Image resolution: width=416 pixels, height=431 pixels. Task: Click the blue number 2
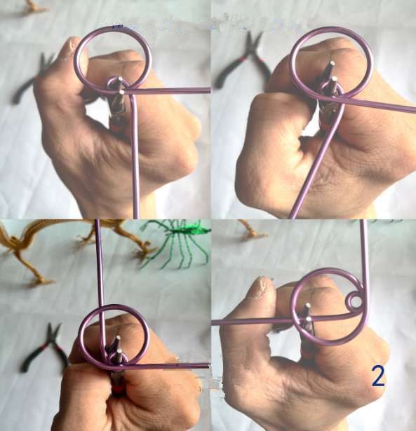point(378,376)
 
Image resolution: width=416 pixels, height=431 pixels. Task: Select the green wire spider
point(175,242)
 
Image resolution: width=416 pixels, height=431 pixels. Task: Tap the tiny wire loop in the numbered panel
point(354,301)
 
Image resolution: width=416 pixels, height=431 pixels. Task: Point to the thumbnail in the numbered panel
point(260,288)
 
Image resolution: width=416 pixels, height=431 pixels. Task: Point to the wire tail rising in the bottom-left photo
point(100,286)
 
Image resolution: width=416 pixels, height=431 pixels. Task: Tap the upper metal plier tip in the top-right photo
point(333,63)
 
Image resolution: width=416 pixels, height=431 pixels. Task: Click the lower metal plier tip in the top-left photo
point(121,93)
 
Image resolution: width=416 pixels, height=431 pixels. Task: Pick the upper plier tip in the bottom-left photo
point(119,338)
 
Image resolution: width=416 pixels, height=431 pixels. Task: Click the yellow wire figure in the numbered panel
point(252,230)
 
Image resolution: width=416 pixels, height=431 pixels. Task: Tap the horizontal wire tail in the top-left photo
point(168,90)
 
